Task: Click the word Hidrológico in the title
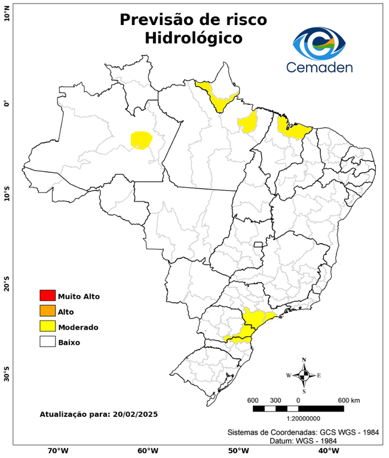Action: tap(194, 38)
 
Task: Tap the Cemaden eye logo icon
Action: tap(319, 42)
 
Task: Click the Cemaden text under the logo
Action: tap(320, 67)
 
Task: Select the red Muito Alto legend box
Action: tap(47, 296)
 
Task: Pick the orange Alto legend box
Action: tap(47, 311)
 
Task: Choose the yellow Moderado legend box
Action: tap(47, 327)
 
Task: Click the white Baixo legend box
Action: tap(47, 342)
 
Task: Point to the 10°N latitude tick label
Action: tap(7, 13)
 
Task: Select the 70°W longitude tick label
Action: tap(57, 451)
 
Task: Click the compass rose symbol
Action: tap(304, 375)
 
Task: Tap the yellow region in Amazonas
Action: tap(141, 140)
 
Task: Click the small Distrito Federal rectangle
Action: tap(259, 245)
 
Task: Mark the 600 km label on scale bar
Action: tap(348, 400)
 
